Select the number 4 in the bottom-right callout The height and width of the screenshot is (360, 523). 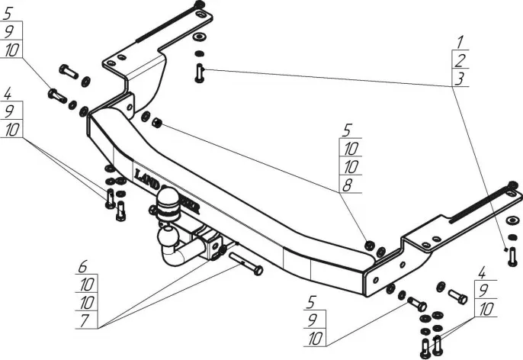(x=481, y=272)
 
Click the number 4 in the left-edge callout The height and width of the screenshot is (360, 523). (x=8, y=96)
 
